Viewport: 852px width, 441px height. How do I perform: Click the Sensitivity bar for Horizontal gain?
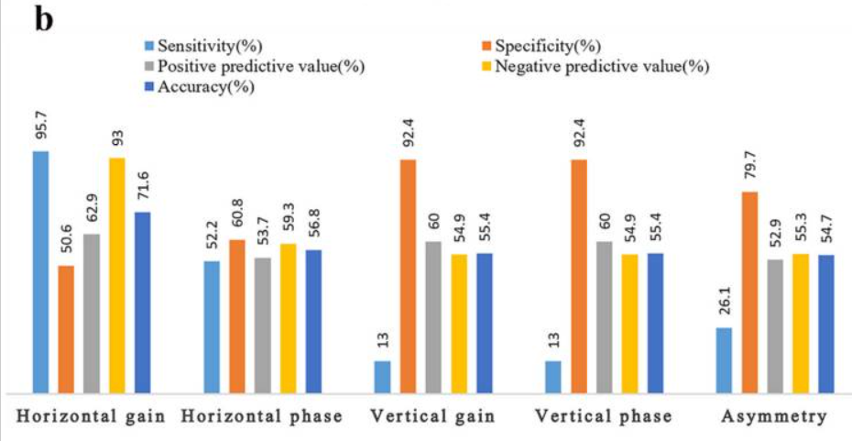(x=40, y=271)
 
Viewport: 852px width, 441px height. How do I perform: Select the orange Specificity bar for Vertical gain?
(x=408, y=276)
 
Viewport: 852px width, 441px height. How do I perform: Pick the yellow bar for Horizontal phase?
(x=289, y=317)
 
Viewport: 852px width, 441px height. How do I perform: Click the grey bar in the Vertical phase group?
(x=605, y=316)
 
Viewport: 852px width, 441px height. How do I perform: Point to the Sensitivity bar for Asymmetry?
(x=724, y=359)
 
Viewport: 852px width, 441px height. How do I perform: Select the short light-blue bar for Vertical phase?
(x=553, y=376)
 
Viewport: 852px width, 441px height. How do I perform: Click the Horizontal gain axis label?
(x=91, y=417)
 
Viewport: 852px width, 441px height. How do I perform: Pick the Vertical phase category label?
(x=604, y=417)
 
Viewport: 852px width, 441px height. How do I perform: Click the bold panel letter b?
(x=42, y=18)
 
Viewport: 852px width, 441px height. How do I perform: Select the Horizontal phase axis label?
(x=262, y=417)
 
